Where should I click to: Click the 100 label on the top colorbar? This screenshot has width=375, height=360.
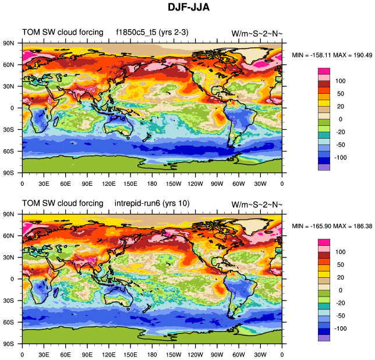pos(341,81)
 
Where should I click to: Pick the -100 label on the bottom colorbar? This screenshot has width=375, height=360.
pos(339,328)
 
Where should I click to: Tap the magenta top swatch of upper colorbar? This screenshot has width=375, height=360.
pos(324,71)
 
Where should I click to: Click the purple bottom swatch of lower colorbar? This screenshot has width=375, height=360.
pos(324,337)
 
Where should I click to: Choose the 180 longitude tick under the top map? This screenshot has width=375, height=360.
pos(152,183)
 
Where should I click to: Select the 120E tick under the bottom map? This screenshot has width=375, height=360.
pos(108,355)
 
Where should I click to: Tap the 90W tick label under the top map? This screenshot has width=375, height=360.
pos(217,183)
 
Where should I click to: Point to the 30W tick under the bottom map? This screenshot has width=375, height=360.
pos(260,355)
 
